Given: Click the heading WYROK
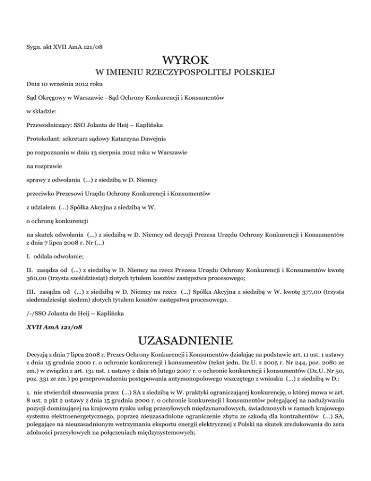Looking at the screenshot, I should point(185,61).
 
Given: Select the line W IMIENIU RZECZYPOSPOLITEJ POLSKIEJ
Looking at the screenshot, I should point(185,73).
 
